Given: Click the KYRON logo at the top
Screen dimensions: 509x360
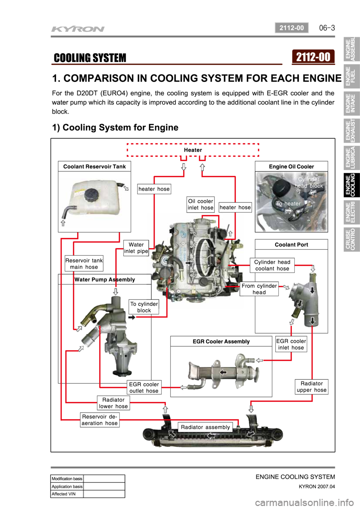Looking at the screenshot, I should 78,29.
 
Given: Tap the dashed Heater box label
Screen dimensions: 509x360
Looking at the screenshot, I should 193,150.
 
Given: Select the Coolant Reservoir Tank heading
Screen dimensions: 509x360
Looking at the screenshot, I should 94,166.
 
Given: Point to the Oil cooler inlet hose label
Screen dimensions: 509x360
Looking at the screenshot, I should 201,204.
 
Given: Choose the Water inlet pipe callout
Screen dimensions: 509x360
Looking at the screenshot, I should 136,248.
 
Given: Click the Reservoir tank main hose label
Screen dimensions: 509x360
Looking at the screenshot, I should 84,263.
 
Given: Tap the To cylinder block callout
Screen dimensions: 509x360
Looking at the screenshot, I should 144,307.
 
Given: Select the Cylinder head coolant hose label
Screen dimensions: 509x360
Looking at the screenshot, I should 272,265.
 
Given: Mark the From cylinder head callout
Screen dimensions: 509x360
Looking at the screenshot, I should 259,289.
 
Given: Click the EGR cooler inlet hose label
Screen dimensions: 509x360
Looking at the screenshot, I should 291,344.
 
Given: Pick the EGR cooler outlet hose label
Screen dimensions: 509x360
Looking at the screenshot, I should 144,388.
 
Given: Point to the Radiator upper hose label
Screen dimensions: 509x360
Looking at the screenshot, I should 312,386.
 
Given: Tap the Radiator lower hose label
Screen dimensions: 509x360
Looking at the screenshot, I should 113,403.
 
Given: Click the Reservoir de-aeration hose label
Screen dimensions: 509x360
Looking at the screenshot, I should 100,420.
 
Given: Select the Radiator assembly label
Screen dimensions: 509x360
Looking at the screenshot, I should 205,427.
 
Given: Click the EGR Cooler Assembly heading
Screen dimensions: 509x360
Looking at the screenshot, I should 221,341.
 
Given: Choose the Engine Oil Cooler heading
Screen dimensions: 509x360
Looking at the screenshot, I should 291,166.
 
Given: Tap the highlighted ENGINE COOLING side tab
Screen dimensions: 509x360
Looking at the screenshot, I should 351,184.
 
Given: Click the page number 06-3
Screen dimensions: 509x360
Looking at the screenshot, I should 327,28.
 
